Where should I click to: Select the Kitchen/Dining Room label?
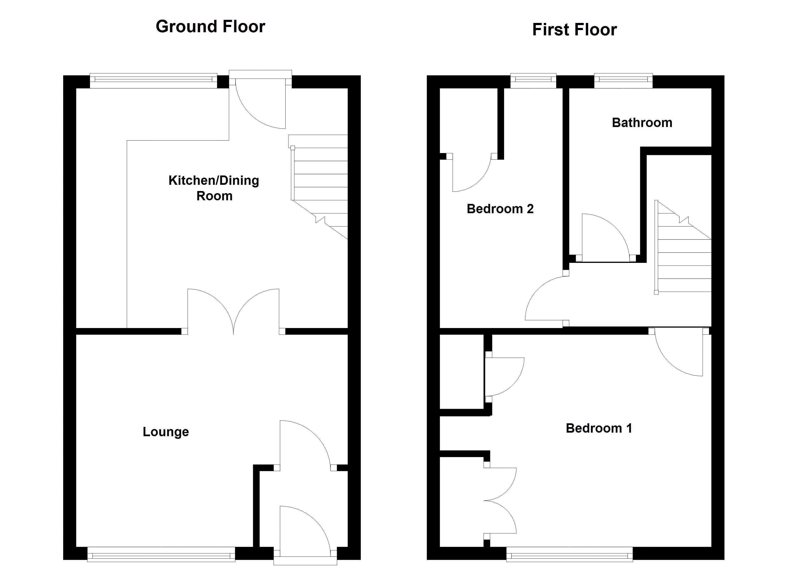pos(214,188)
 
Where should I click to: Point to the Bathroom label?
pos(642,123)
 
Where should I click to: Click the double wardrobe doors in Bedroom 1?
pos(500,501)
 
